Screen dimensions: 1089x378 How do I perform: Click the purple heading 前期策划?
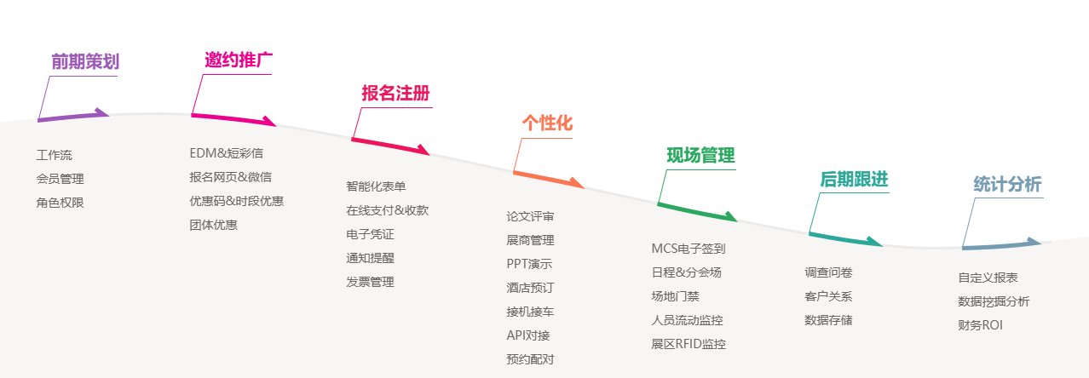tap(85, 61)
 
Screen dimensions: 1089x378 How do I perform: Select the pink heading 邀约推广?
tap(239, 60)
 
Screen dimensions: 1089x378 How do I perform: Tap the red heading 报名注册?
tap(395, 93)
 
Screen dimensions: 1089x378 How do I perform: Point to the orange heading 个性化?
tap(547, 123)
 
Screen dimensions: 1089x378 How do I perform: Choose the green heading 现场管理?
tap(700, 156)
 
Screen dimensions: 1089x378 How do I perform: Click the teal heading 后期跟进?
tap(854, 180)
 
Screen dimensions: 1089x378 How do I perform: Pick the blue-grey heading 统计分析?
tap(1007, 184)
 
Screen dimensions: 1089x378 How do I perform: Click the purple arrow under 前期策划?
tap(73, 116)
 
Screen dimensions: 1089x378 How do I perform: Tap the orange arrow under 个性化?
tap(549, 180)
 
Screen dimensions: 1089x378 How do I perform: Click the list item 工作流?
tap(54, 155)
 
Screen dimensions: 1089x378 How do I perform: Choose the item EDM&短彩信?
tap(226, 153)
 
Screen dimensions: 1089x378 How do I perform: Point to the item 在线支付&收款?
tap(387, 210)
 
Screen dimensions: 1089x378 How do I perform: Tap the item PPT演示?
tap(529, 264)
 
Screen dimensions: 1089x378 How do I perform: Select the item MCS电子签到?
tap(688, 249)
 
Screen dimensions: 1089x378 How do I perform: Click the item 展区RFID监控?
tap(688, 344)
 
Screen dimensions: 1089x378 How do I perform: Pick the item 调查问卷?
tap(828, 272)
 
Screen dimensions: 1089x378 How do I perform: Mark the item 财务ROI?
tap(980, 325)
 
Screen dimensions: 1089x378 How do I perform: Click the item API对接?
tap(528, 335)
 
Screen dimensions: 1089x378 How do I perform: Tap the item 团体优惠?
tap(213, 225)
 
